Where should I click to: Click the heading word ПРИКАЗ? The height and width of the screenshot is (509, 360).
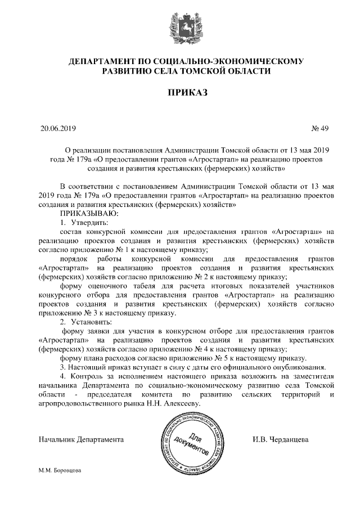pos(179,92)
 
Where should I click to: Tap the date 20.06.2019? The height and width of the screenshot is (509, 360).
pos(58,128)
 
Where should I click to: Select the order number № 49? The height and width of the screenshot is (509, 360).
pos(319,128)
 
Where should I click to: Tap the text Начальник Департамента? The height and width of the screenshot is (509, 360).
pos(81,439)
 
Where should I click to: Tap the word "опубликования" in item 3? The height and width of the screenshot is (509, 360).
pos(281,367)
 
